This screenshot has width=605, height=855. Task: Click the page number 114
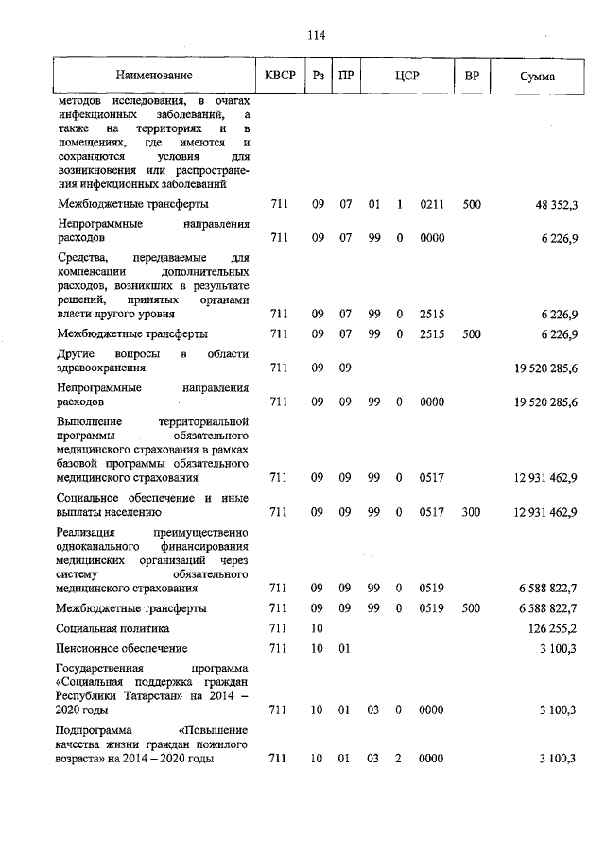316,35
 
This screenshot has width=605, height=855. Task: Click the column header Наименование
154,75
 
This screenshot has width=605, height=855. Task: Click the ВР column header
472,75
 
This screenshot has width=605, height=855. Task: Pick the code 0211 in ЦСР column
432,203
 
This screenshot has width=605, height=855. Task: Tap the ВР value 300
472,512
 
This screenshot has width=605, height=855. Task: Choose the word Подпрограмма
95,730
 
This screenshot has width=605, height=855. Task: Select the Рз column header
317,75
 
